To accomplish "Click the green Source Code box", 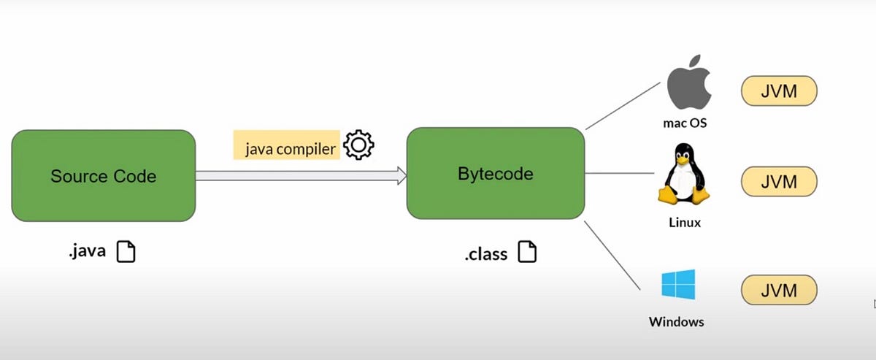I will click(103, 175).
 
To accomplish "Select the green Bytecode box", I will click(496, 174).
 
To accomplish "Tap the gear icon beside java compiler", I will click(358, 145).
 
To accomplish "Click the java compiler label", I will click(290, 149).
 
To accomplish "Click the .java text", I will click(87, 252).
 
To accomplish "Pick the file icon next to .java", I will click(126, 252).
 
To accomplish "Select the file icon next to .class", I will click(527, 253).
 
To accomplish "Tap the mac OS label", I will click(685, 123).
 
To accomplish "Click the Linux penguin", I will click(684, 175).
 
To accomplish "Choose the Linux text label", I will click(684, 222).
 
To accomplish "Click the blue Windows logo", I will click(678, 284).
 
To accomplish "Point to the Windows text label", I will click(676, 321).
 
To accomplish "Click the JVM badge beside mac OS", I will click(779, 91).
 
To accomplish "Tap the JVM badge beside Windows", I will click(779, 290).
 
